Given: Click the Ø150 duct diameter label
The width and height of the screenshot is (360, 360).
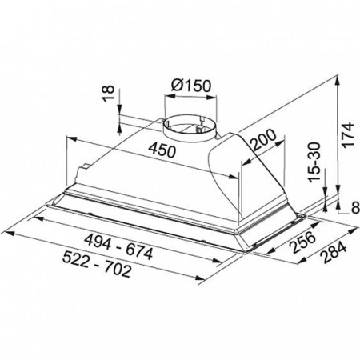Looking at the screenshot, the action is point(191,86).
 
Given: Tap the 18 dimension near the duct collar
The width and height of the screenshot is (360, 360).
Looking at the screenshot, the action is point(109,93).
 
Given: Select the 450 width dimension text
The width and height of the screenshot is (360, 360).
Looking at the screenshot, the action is point(162,150).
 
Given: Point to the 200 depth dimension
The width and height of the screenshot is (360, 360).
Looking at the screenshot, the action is point(263,140).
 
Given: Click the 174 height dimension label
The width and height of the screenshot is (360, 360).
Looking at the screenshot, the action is point(348,134).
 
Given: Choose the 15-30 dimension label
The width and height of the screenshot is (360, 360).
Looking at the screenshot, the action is point(314,162).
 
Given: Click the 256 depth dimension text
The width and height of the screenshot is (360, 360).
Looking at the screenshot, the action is point(303,242).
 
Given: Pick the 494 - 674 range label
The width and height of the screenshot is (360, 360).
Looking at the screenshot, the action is point(118,246).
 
